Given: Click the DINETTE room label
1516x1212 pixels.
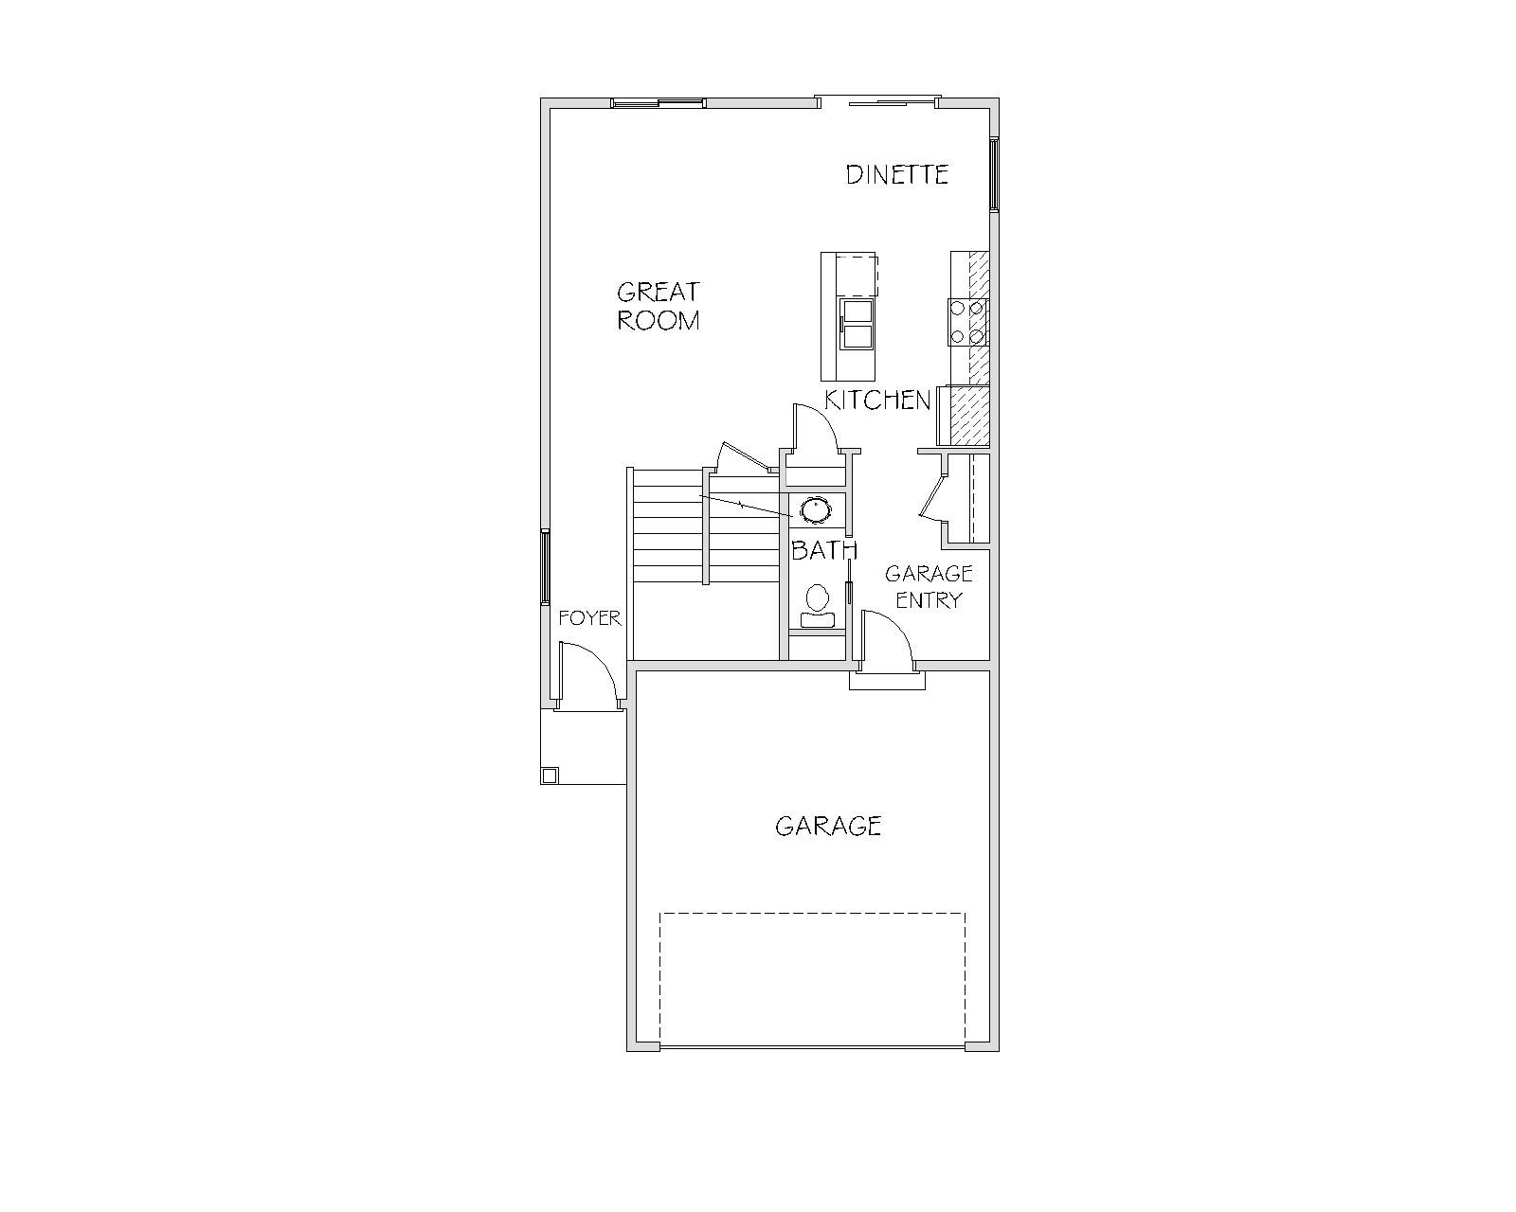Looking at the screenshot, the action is [896, 174].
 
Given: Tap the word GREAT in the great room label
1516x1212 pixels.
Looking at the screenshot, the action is [658, 292].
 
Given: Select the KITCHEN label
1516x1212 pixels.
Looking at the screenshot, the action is [877, 400].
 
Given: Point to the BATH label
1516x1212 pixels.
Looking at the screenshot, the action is [824, 549].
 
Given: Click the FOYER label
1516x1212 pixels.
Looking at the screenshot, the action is [589, 618].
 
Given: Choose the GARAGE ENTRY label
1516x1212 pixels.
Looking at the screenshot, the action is [929, 587].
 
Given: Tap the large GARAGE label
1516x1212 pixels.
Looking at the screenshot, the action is [828, 826].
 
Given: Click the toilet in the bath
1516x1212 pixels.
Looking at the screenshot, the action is [817, 606].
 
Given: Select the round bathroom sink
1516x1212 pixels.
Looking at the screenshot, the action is [817, 510].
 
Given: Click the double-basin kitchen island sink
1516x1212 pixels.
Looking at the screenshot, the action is [857, 323].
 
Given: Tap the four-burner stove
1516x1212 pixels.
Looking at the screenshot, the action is [968, 321].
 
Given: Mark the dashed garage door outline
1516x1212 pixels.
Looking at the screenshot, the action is [812, 980].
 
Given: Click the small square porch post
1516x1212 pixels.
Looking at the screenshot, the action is [550, 775].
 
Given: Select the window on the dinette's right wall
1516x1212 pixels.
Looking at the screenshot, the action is [994, 174].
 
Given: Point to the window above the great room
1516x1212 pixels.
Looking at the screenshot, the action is [658, 103].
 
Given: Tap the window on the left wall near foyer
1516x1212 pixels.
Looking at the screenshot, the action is [545, 567].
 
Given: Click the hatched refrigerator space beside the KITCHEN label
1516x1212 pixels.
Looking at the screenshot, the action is [970, 416].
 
